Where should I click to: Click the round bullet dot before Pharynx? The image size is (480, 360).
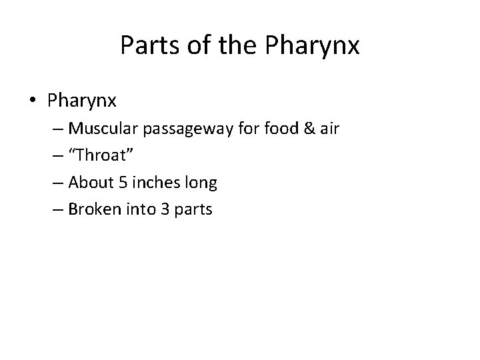33,101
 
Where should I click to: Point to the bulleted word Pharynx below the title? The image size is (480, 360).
82,102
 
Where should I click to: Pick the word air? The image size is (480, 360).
330,128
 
